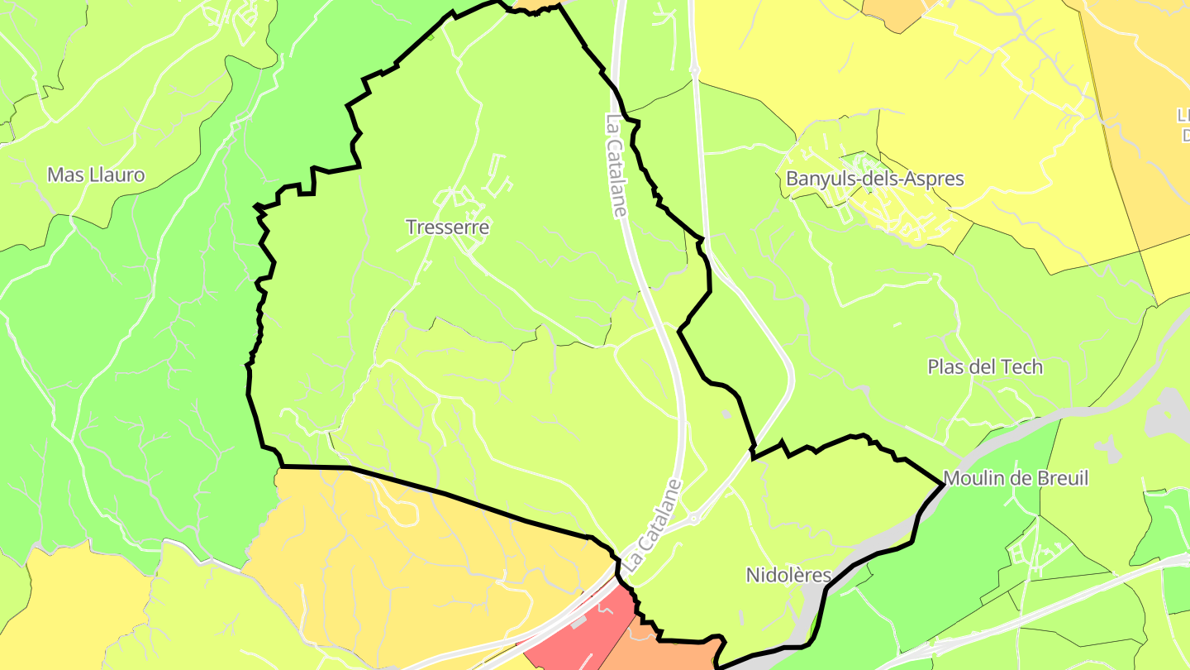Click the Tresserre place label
(x=447, y=227)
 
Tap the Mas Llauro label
(x=96, y=175)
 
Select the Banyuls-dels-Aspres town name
(x=874, y=179)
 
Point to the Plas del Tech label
(x=985, y=366)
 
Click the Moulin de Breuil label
(x=1016, y=478)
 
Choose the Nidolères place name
(x=788, y=575)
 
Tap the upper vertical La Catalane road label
(x=616, y=165)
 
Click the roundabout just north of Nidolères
(x=693, y=519)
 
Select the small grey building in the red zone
(x=577, y=620)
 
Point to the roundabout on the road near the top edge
(x=695, y=73)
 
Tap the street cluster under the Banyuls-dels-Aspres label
(x=884, y=207)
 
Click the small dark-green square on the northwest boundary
(x=431, y=36)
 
